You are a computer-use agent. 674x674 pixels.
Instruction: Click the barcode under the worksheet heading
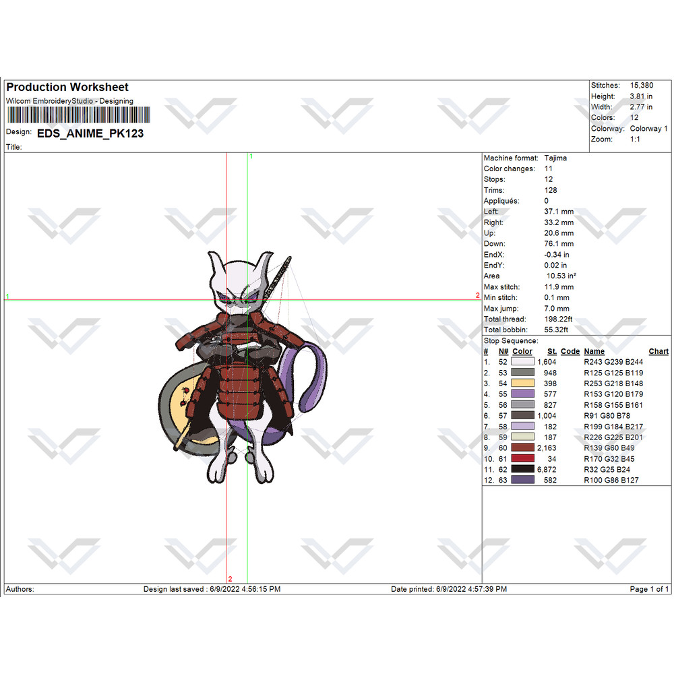tap(79, 115)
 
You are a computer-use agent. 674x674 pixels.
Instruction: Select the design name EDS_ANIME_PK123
tap(90, 133)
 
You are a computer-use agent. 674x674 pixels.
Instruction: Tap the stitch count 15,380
tap(642, 85)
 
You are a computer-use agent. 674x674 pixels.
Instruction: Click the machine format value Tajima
tap(555, 158)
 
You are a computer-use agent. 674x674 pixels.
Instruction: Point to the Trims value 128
tap(550, 190)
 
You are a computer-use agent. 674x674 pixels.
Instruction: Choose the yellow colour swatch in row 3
tap(523, 383)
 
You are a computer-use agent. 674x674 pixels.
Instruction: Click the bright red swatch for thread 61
tap(523, 458)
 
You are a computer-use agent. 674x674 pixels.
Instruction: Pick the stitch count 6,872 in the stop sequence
tap(547, 469)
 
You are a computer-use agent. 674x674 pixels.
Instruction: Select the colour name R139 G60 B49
tap(609, 448)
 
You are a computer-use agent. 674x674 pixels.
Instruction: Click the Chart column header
tap(658, 351)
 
